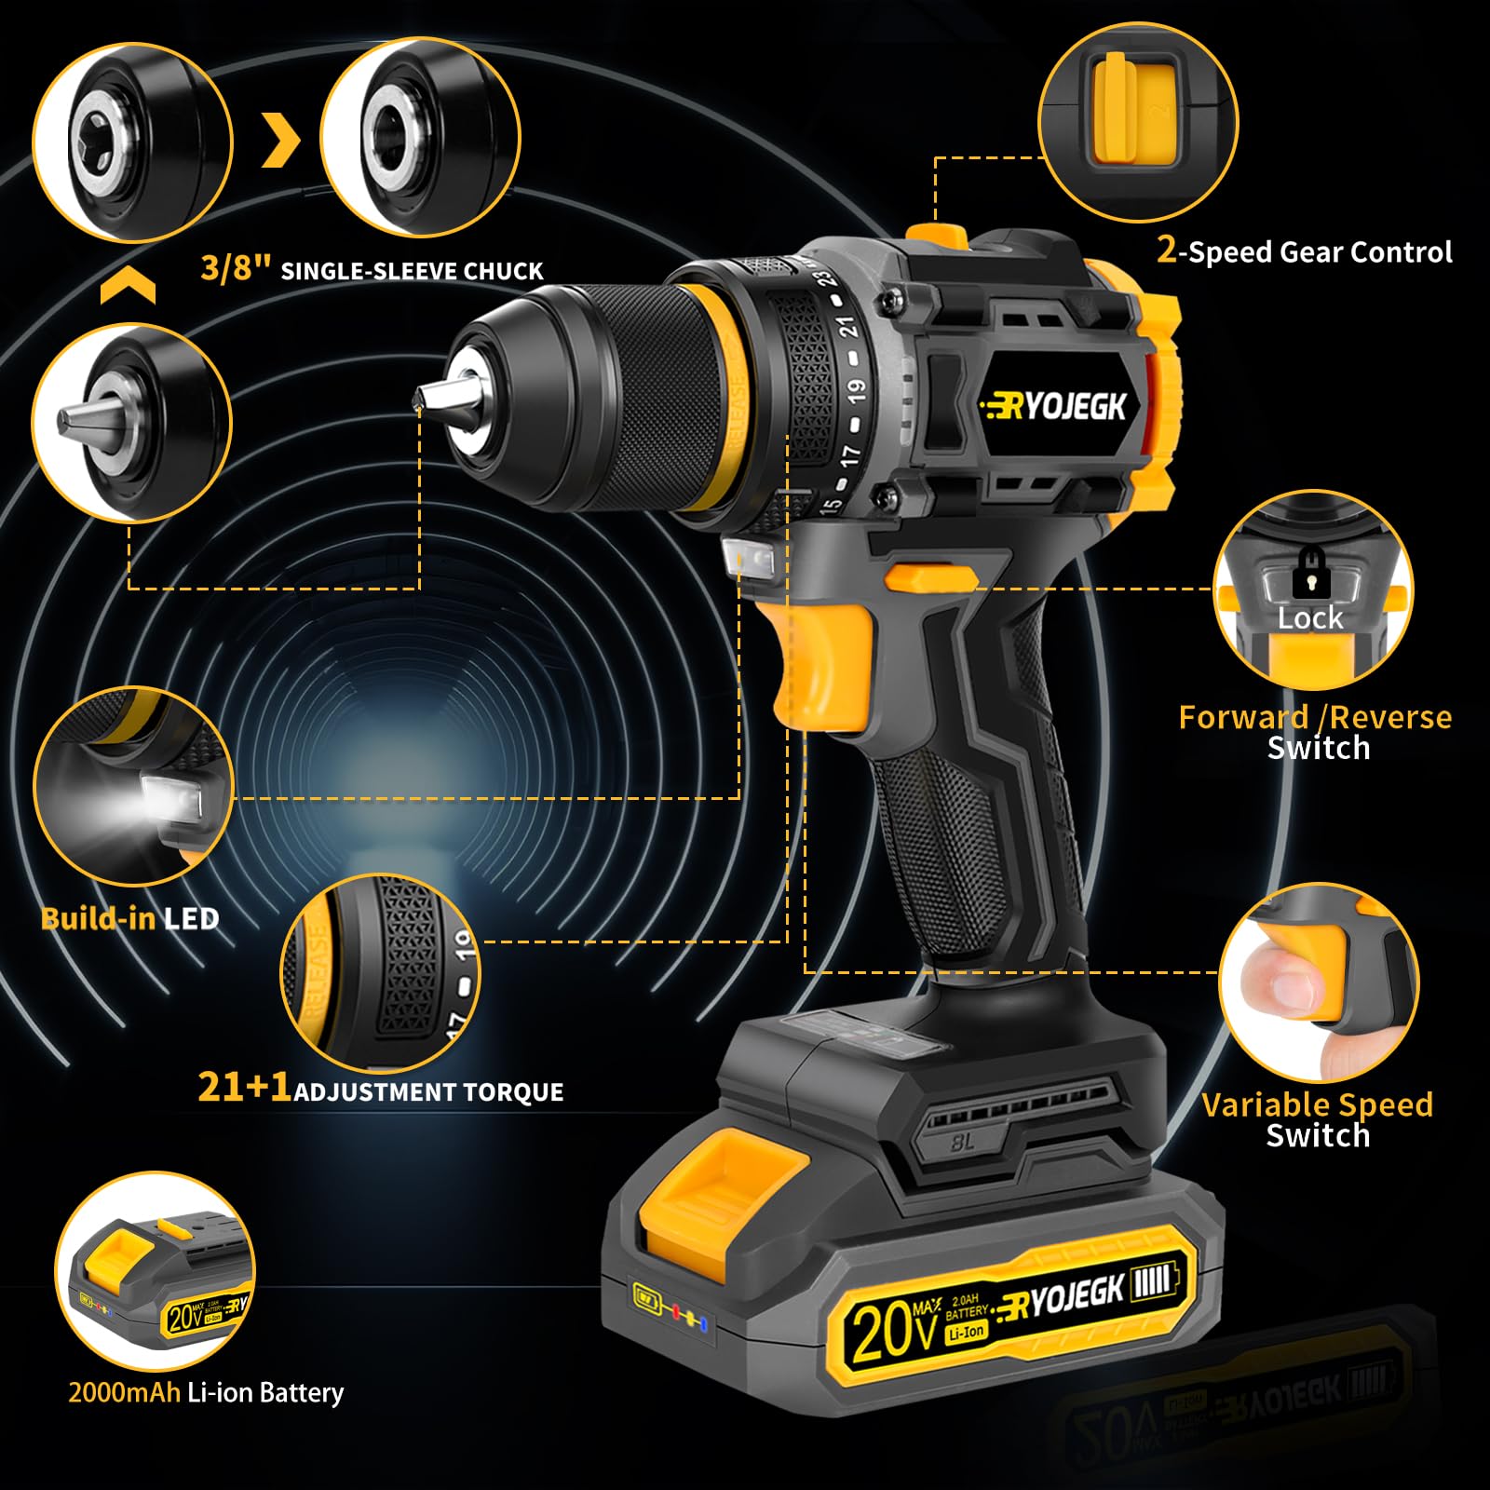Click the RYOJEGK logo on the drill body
(x=1056, y=407)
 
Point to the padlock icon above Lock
(x=1311, y=574)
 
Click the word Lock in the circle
(x=1309, y=618)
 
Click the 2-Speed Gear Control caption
(x=1304, y=251)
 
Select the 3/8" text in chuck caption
(x=235, y=268)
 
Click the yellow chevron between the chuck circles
(x=280, y=141)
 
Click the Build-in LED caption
(x=129, y=919)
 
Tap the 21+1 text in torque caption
(x=244, y=1087)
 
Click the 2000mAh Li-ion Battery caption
(x=206, y=1393)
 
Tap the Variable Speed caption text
(x=1316, y=1105)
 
